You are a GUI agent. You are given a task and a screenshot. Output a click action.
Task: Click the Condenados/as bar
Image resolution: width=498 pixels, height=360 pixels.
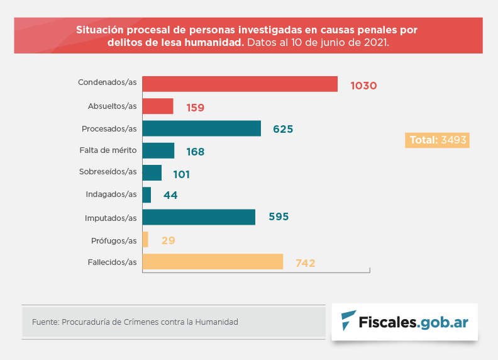[240, 84]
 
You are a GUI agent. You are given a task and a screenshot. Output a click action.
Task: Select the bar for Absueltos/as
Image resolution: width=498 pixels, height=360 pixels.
[158, 106]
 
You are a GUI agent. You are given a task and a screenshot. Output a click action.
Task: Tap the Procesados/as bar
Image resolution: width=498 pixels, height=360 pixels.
[201, 128]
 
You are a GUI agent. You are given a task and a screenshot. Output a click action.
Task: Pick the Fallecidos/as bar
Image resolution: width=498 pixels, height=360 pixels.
[213, 262]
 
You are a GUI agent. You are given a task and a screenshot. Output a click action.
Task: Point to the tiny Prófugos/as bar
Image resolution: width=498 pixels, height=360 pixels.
[145, 239]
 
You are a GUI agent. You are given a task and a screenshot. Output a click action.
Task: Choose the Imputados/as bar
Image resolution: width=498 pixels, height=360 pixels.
[199, 217]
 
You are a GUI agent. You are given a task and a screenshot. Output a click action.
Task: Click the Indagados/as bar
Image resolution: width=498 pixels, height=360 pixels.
[147, 195]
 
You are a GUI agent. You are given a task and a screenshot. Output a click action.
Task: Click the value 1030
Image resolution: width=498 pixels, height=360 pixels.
[363, 86]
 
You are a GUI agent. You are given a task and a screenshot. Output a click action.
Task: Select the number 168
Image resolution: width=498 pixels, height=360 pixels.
[195, 152]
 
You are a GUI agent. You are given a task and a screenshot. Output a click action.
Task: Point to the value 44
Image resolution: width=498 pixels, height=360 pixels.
[170, 196]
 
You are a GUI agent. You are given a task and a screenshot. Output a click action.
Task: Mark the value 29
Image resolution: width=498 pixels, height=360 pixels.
[167, 240]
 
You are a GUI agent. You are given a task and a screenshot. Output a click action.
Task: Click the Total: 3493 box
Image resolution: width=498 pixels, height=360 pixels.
[438, 140]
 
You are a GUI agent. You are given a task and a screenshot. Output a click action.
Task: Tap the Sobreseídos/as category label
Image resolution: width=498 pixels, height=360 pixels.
[108, 172]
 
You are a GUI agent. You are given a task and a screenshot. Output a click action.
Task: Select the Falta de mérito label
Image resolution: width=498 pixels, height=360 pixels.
[108, 150]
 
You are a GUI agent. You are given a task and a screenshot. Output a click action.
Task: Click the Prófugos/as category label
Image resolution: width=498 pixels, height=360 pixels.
[113, 240]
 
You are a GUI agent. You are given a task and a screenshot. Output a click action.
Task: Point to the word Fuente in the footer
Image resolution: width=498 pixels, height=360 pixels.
[44, 322]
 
